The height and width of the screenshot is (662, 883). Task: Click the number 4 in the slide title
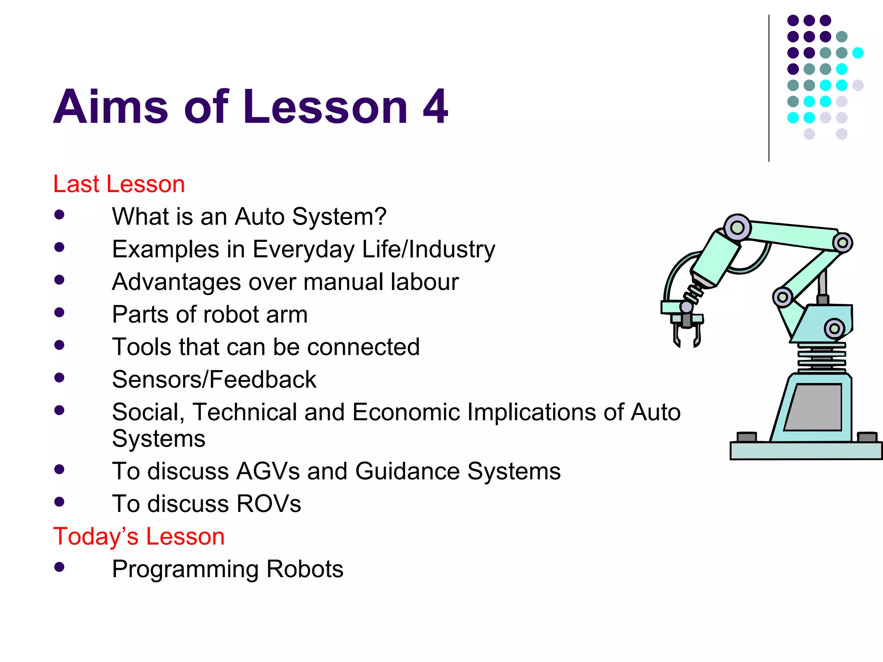point(435,107)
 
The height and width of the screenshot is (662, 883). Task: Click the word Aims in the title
point(110,107)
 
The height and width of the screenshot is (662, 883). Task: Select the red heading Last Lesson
point(119,184)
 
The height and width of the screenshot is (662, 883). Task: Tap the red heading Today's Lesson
point(139,537)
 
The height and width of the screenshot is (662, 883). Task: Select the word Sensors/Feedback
point(214,380)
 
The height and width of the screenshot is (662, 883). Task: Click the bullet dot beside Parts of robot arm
point(59,312)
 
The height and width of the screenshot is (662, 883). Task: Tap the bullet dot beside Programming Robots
point(59,567)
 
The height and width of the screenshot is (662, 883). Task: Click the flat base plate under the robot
point(805,451)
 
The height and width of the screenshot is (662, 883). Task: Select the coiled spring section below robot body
point(821,357)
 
